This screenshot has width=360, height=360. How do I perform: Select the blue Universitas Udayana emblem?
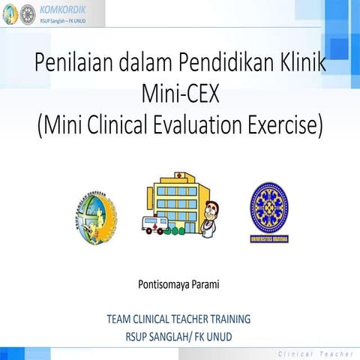coord(268,212)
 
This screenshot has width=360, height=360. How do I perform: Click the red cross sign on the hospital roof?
coord(179,175)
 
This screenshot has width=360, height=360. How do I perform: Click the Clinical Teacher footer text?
coord(314,352)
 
